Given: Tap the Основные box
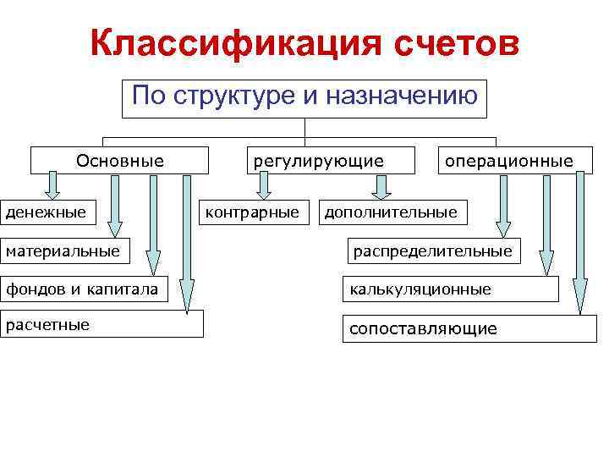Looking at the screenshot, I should pos(120,160).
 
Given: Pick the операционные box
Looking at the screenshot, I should pos(508,160).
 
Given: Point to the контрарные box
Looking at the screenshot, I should pos(253,212).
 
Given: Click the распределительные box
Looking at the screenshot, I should pos(432,251).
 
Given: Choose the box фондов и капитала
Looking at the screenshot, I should pos(82,289).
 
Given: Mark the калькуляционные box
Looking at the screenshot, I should pos(450,289).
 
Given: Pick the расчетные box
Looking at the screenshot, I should pos(101,324).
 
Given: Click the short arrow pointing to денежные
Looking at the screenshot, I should pos(52,184).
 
